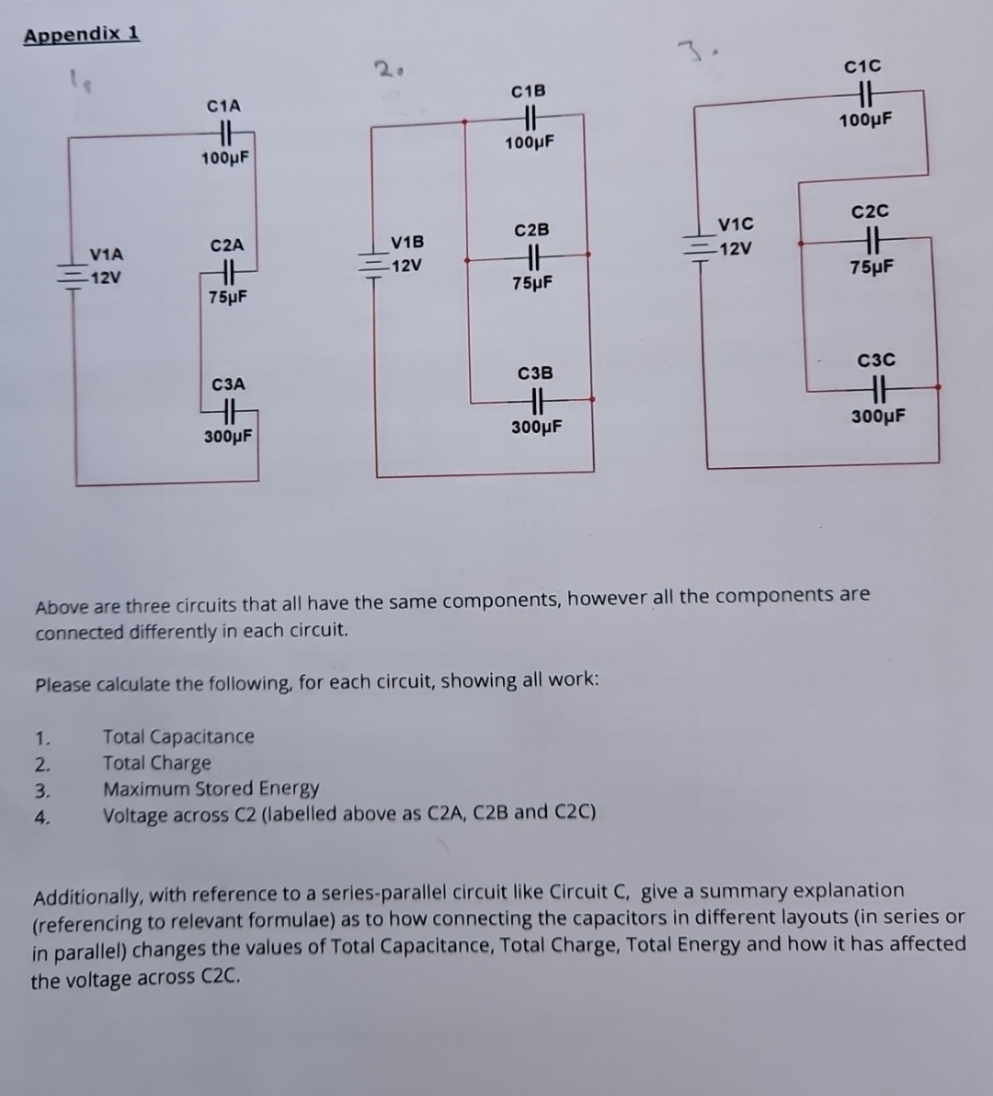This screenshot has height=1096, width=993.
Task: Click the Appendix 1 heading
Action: click(82, 35)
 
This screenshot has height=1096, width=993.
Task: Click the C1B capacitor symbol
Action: click(530, 117)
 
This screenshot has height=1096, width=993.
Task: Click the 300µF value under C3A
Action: click(228, 437)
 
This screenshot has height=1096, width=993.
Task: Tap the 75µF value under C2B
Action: click(532, 283)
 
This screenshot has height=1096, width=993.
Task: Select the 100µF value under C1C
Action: click(865, 120)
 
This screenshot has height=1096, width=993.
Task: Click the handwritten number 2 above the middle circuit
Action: click(383, 67)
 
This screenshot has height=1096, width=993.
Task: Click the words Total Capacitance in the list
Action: click(178, 736)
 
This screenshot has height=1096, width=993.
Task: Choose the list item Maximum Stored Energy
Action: click(211, 789)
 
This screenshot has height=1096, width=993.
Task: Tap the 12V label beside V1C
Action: click(736, 249)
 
